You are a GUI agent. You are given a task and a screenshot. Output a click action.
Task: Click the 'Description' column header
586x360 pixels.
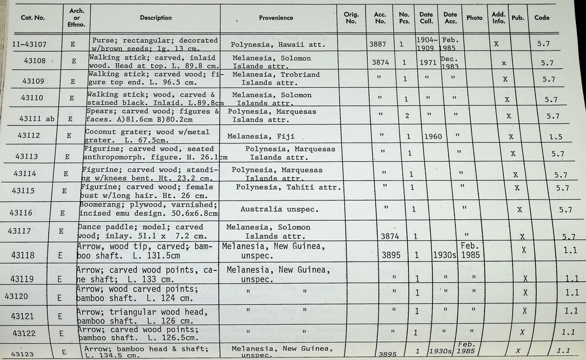(x=155, y=18)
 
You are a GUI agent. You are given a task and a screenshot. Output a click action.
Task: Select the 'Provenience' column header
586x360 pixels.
(x=276, y=18)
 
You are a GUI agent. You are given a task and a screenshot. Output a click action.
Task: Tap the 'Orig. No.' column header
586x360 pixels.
(x=351, y=18)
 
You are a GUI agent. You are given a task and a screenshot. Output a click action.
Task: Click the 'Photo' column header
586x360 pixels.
(x=474, y=18)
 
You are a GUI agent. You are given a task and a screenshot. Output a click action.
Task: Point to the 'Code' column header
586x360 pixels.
(x=541, y=18)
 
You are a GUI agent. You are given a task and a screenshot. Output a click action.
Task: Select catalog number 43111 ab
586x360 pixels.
(x=37, y=118)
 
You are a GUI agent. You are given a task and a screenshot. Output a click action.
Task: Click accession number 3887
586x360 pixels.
(x=378, y=43)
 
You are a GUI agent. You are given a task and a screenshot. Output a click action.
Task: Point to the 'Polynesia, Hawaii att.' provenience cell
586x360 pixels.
(x=277, y=44)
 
